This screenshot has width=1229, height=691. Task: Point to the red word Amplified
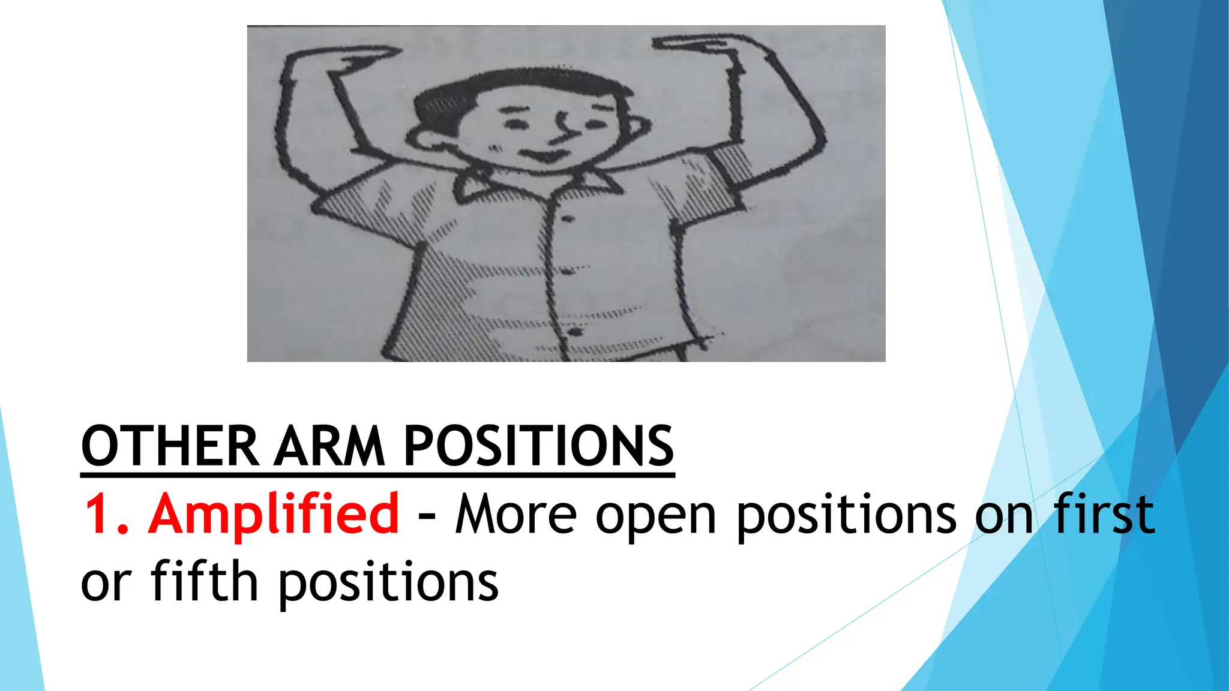[274, 513]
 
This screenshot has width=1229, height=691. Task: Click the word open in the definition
[656, 516]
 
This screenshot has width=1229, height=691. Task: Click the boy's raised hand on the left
[360, 57]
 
